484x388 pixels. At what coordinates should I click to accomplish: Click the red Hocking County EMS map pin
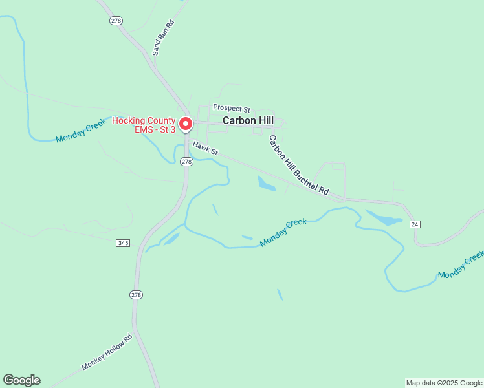186,123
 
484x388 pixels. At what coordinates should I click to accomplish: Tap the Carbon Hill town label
248,120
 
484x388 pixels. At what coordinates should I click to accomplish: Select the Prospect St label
231,109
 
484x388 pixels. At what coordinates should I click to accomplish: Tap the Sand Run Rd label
163,37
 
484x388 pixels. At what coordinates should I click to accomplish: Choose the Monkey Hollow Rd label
107,352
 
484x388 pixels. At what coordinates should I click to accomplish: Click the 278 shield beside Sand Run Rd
116,21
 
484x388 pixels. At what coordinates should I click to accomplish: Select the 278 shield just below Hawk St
186,161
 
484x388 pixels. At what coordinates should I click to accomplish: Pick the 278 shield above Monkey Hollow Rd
136,295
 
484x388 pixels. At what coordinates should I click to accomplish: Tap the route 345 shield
123,242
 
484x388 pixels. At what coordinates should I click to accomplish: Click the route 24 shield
415,224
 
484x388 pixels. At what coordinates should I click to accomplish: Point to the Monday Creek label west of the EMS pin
80,130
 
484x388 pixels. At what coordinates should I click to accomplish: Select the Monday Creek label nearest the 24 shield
460,265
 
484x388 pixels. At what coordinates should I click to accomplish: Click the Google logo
21,380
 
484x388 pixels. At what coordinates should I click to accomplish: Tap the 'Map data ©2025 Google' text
444,383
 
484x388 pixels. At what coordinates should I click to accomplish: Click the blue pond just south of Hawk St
266,183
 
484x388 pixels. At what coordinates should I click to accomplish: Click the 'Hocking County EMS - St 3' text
144,125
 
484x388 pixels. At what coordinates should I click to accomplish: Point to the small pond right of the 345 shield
171,239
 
